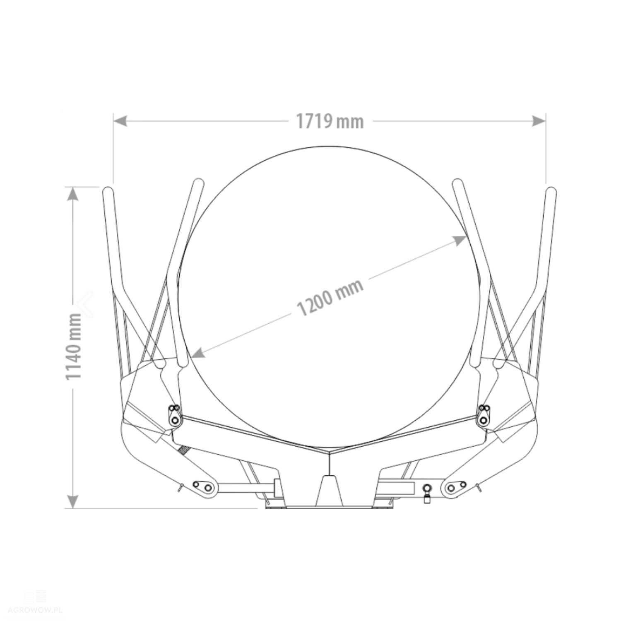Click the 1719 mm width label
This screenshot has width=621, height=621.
(x=330, y=121)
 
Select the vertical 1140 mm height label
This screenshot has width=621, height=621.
(x=74, y=347)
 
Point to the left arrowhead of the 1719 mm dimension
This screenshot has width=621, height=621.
(x=120, y=121)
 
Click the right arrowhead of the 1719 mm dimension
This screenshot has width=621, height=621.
(x=539, y=121)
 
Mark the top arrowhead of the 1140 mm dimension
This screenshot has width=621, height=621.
(x=73, y=194)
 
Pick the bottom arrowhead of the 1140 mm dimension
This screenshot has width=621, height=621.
(x=73, y=501)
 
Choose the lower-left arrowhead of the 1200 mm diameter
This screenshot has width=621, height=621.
(x=199, y=352)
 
